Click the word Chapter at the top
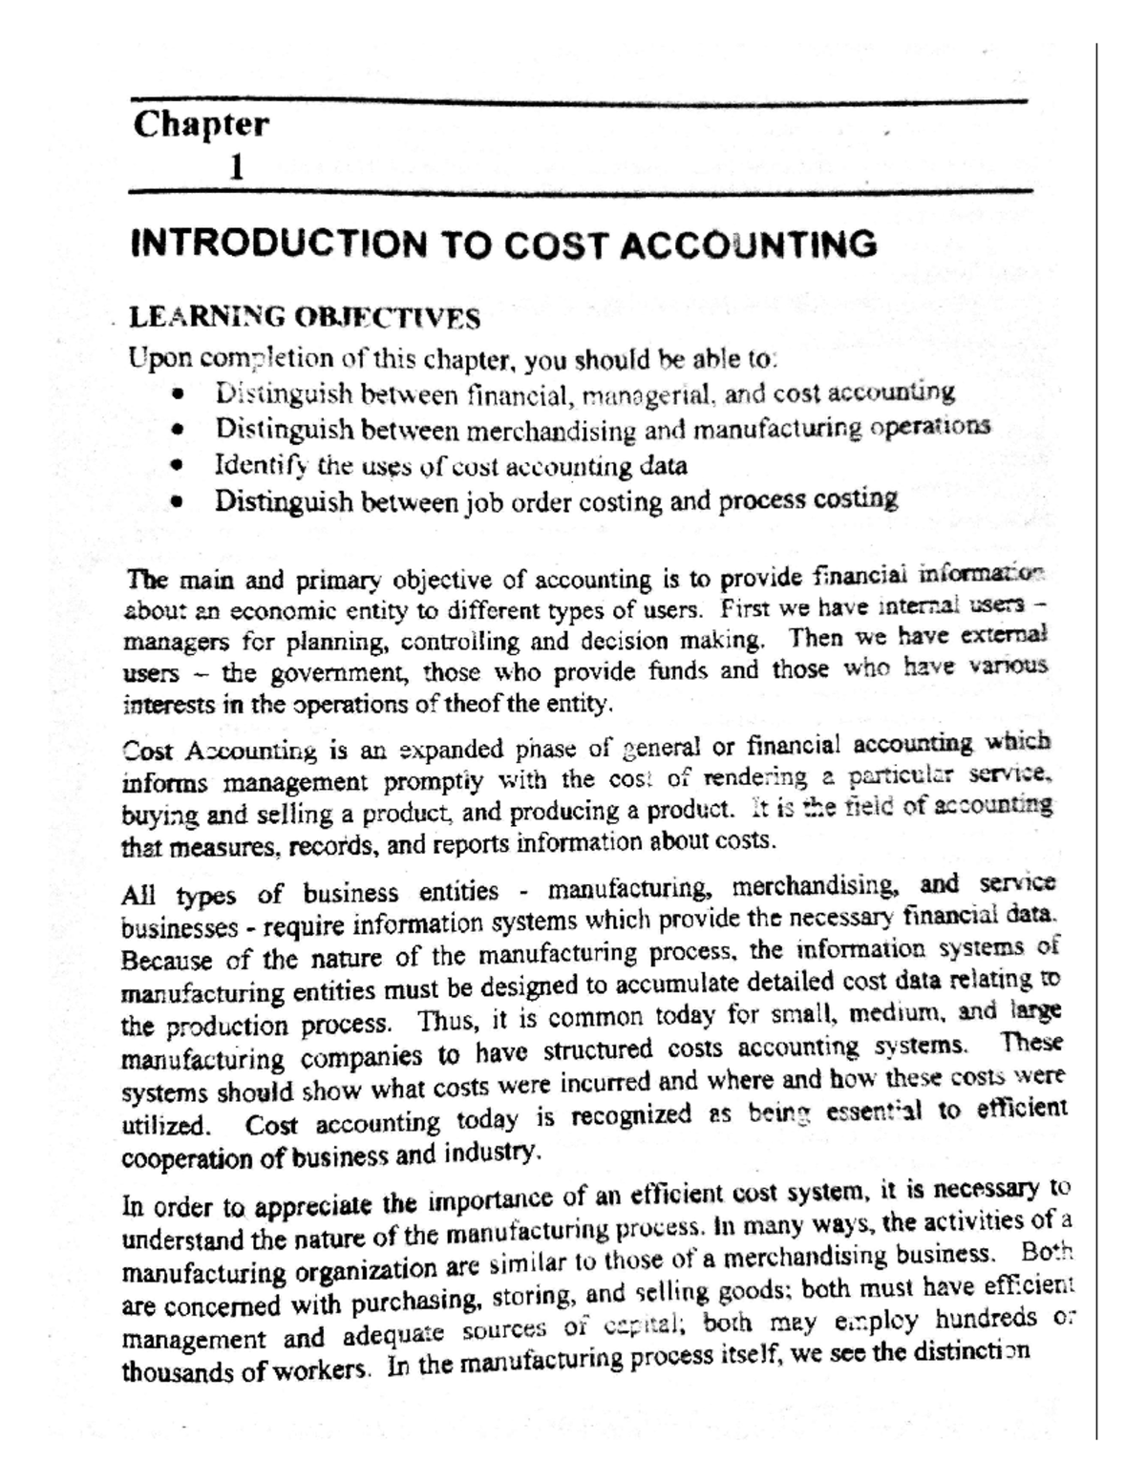point(201,125)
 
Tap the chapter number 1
point(234,169)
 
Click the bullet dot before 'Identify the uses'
point(175,467)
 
